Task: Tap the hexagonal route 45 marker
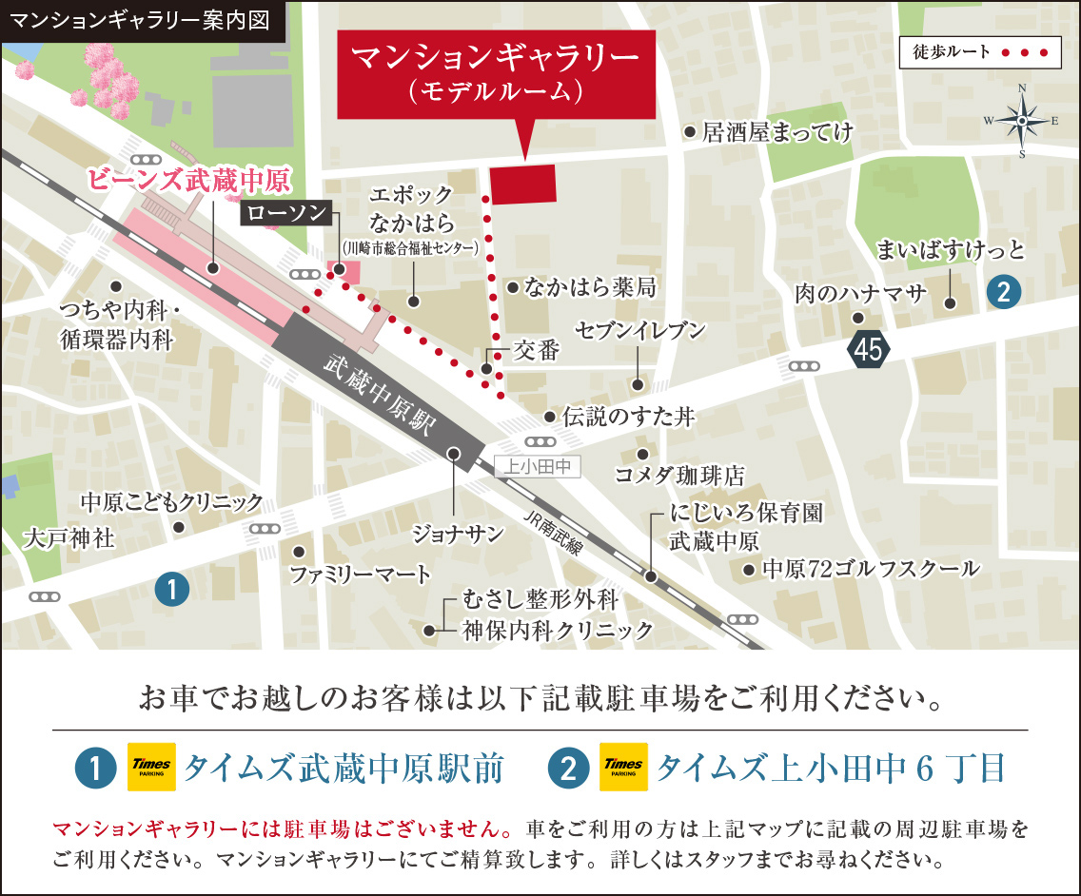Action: (868, 350)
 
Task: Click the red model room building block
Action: (523, 183)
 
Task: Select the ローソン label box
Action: (286, 213)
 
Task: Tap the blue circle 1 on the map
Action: (171, 590)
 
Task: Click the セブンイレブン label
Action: (639, 331)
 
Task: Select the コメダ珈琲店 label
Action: (679, 475)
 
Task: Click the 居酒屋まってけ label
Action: (777, 132)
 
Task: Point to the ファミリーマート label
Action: (361, 575)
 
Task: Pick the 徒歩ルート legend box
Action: (979, 52)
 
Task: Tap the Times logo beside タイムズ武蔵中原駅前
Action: (147, 768)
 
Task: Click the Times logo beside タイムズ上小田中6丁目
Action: (623, 768)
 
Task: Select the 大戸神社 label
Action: (69, 539)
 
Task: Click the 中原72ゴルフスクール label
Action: (871, 569)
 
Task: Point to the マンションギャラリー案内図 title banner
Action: (144, 19)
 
